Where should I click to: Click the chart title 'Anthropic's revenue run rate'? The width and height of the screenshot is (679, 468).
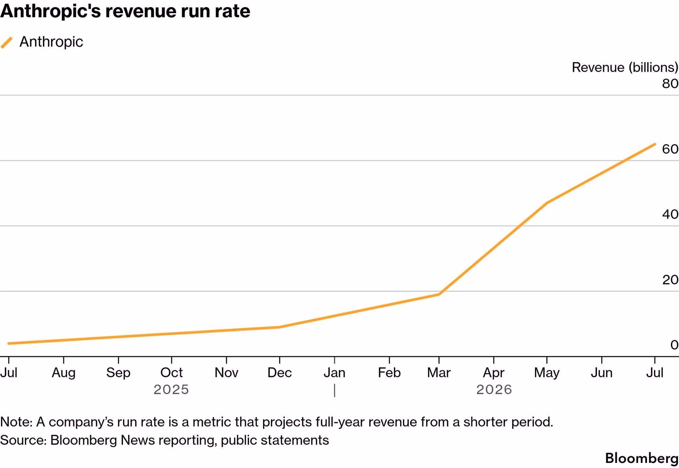[x=125, y=12]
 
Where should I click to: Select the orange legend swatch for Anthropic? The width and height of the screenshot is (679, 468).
[x=7, y=43]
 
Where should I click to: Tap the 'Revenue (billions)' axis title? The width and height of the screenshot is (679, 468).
[x=625, y=67]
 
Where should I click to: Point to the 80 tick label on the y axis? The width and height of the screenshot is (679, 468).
[x=670, y=84]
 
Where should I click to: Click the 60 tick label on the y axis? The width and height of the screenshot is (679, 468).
[x=670, y=149]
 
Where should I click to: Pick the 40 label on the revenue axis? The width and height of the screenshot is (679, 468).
[x=670, y=214]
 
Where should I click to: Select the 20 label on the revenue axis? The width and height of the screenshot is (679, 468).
[x=670, y=280]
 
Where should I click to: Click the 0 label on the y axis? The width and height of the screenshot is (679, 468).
[x=674, y=345]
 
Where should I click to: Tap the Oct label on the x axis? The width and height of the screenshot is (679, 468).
[x=172, y=373]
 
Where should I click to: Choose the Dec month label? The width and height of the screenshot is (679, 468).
[x=280, y=373]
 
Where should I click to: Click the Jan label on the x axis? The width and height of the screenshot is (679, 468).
[x=335, y=373]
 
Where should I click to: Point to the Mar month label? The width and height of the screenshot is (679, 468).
[x=439, y=373]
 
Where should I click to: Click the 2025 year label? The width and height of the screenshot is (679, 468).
[x=171, y=390]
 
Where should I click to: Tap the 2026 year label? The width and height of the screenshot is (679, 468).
[x=494, y=390]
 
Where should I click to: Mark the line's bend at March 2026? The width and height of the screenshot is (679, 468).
[x=439, y=294]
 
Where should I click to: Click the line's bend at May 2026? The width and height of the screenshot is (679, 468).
[x=547, y=203]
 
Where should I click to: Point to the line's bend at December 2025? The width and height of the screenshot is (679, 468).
[x=279, y=327]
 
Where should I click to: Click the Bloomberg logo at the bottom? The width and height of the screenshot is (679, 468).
[x=642, y=459]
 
